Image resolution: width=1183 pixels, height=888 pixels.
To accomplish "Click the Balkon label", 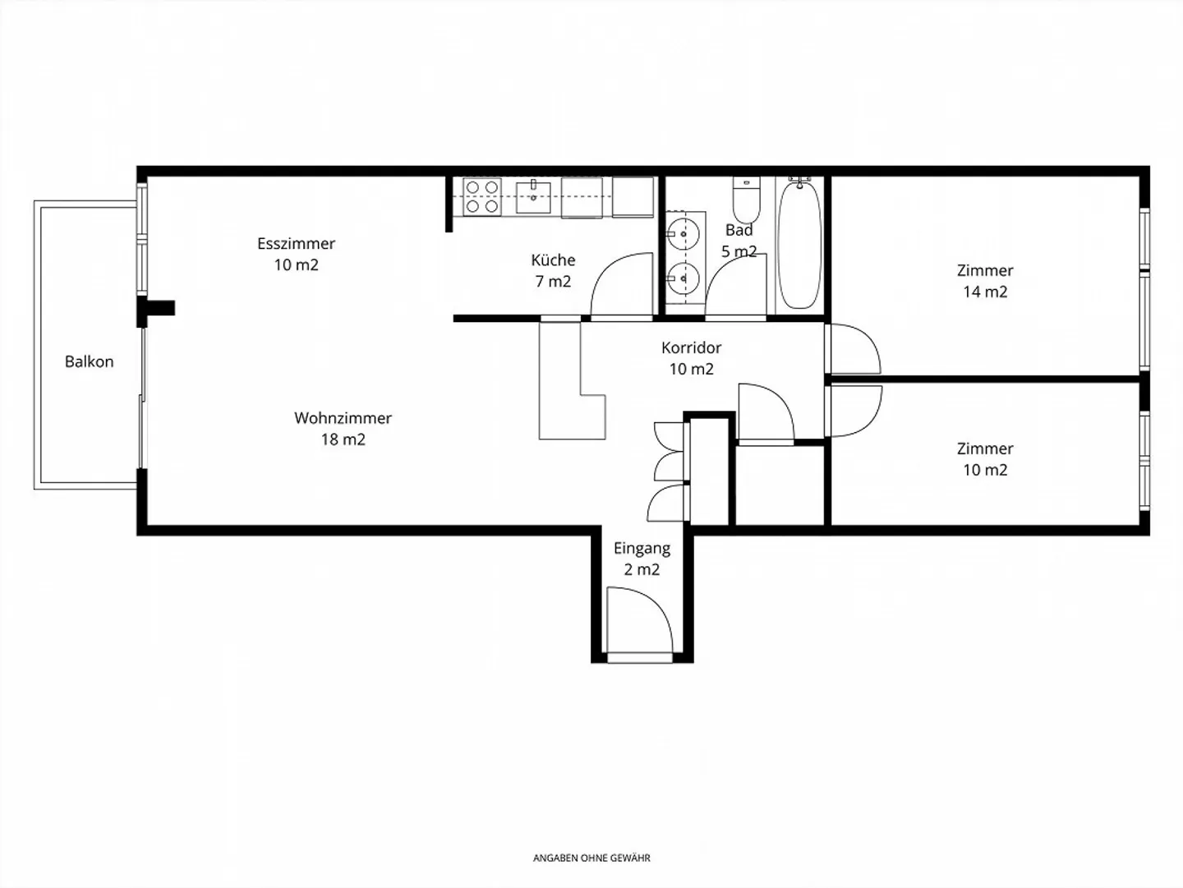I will [89, 361].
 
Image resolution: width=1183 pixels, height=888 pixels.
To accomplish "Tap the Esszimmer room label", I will [296, 243].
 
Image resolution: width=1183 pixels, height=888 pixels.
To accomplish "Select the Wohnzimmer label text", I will [343, 418].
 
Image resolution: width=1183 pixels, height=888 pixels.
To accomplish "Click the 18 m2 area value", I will [343, 439].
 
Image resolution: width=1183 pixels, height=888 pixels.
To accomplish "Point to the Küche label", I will [553, 260].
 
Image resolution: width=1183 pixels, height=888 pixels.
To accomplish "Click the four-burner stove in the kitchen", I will [482, 197].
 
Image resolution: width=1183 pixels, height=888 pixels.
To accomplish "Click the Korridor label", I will [691, 348].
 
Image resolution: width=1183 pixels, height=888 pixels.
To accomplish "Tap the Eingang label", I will [642, 548].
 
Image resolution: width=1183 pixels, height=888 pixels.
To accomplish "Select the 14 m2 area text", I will [985, 292].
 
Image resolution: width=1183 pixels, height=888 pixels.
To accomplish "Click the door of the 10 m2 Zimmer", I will [853, 411].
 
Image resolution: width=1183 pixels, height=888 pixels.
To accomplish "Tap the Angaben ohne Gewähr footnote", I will [591, 858].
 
